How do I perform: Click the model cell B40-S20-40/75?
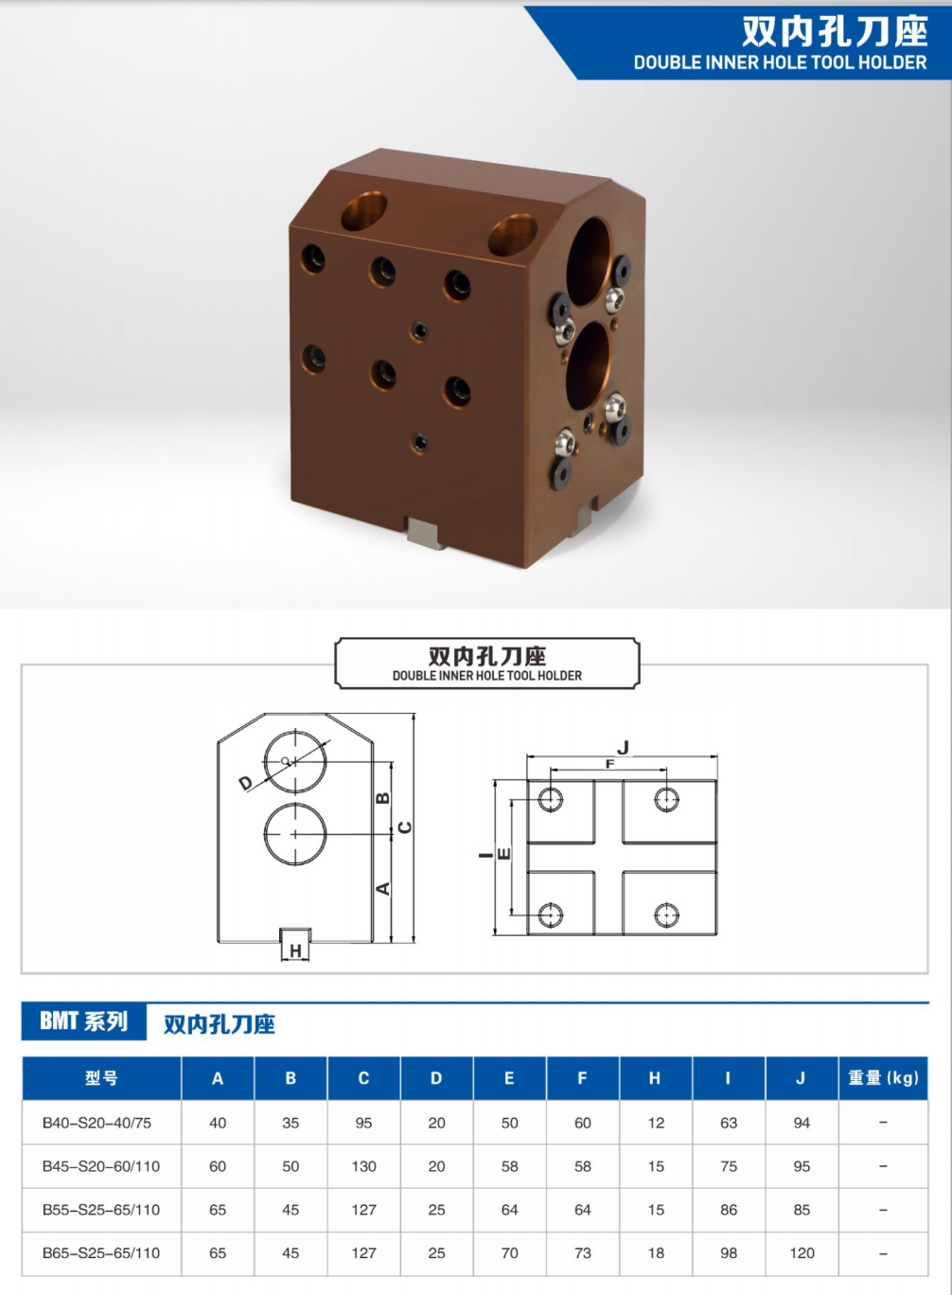click(x=97, y=1123)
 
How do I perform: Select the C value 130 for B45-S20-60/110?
click(x=363, y=1166)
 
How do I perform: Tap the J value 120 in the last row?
click(x=802, y=1252)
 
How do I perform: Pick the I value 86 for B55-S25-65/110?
click(x=729, y=1210)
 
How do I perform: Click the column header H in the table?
click(x=655, y=1078)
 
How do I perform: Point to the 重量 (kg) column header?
click(x=883, y=1077)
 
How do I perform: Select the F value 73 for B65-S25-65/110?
click(x=583, y=1252)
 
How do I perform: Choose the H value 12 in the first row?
click(x=656, y=1123)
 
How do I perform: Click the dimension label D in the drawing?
click(x=246, y=784)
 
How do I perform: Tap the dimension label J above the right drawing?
click(x=623, y=748)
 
